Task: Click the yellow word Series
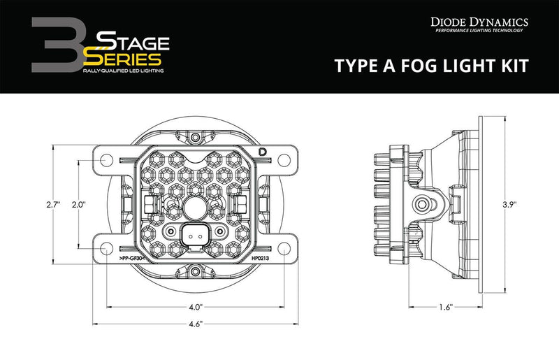coord(125,59)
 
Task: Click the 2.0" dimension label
coord(78,204)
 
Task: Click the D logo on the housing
coord(263,152)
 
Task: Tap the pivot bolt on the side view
coord(422,204)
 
